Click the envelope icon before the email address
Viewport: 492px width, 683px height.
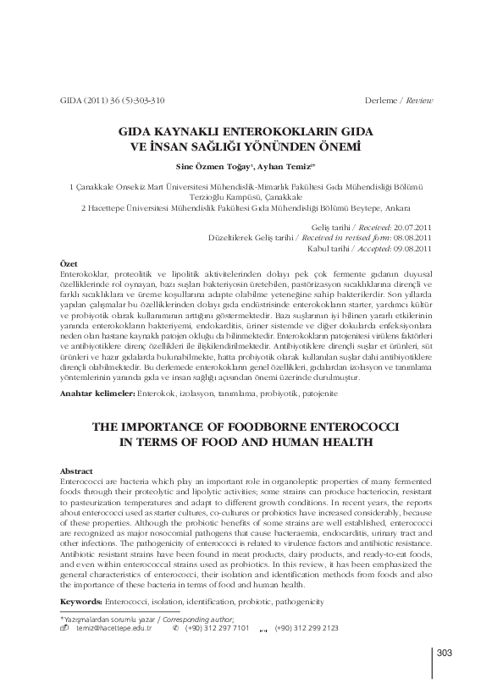tap(66, 628)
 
